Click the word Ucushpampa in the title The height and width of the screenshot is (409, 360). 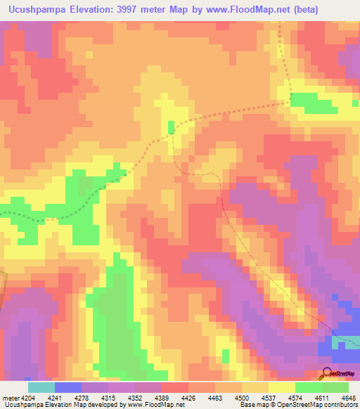coord(33,10)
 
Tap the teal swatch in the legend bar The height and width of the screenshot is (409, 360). coord(41,387)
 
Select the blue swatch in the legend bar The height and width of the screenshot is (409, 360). coord(68,387)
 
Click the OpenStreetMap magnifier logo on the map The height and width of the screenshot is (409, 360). coord(326,374)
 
